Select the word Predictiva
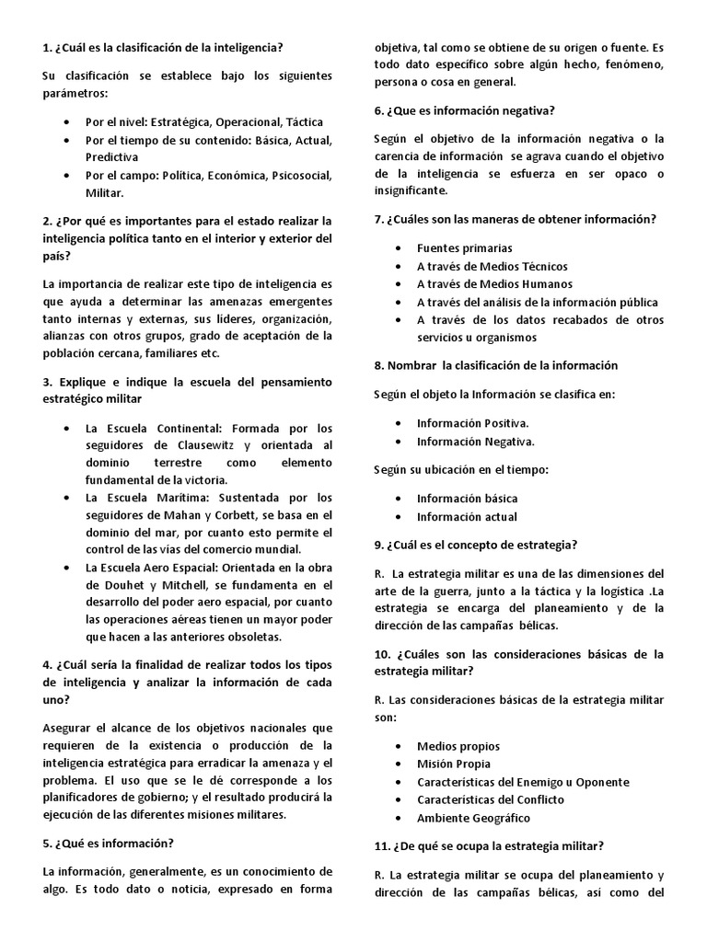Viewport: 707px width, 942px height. point(112,157)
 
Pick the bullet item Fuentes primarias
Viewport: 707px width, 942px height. point(465,248)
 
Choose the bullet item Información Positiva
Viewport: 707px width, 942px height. point(472,423)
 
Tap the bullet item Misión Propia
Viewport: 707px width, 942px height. point(454,764)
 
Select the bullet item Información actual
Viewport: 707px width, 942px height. point(467,516)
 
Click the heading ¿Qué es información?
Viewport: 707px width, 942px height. point(109,843)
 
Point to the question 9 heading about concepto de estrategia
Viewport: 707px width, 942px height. point(475,546)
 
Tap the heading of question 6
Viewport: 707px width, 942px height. point(464,110)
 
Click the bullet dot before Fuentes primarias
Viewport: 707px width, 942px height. point(397,248)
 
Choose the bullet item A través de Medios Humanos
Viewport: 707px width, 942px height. point(494,283)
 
